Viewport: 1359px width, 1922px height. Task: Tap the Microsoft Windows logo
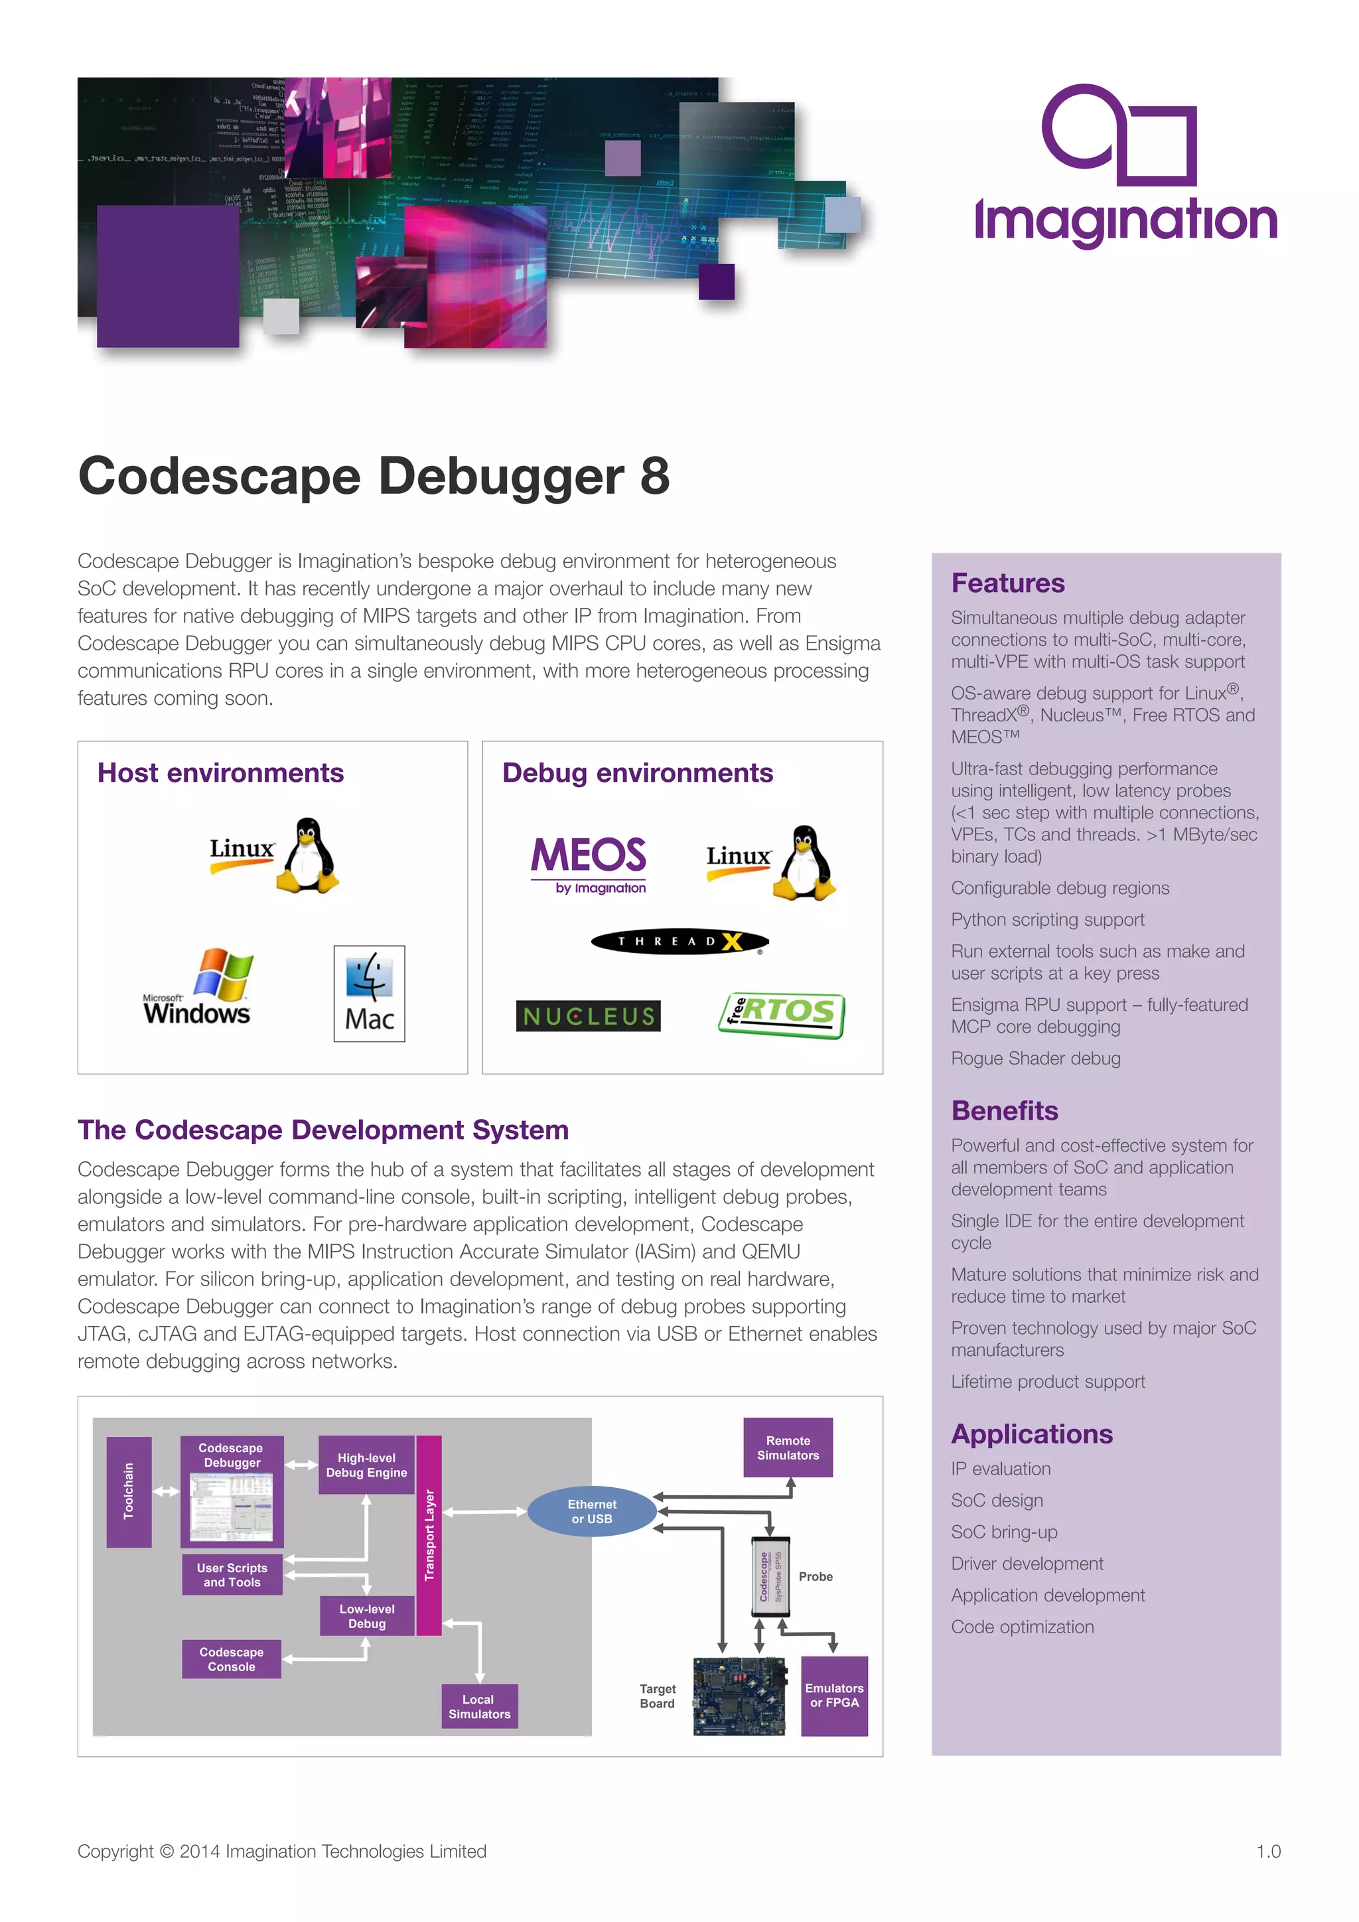(199, 988)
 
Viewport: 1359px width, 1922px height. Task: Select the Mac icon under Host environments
(369, 994)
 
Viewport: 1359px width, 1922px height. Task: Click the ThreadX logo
(679, 942)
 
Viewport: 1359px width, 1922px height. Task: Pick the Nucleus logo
(589, 1015)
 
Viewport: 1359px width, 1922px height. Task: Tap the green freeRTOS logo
(781, 1015)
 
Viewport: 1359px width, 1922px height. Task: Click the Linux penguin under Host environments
(308, 855)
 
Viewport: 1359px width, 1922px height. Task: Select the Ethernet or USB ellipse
(592, 1511)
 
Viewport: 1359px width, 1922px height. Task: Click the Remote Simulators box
(788, 1447)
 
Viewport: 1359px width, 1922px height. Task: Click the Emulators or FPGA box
(833, 1695)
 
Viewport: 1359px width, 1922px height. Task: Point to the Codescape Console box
(232, 1659)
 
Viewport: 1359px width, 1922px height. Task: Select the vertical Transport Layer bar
(429, 1534)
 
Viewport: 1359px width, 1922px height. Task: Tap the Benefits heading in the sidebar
(1004, 1110)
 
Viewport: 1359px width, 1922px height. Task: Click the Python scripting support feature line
(1047, 919)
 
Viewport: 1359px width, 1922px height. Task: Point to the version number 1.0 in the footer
(1268, 1851)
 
